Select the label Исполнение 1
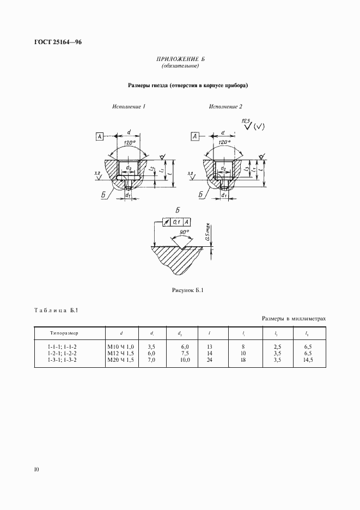click(129, 106)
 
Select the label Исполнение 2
click(226, 106)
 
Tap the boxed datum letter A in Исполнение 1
click(101, 136)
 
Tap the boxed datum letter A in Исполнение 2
click(194, 136)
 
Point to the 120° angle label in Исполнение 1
click(129, 142)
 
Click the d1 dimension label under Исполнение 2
click(224, 194)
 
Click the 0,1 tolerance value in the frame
click(176, 222)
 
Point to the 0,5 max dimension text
click(208, 232)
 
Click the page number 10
click(36, 469)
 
